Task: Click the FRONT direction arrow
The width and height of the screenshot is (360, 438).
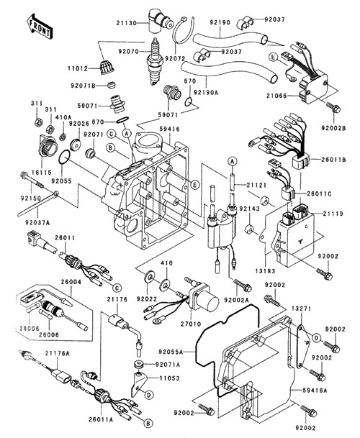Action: [39, 26]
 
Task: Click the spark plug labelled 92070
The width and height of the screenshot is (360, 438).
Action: [153, 61]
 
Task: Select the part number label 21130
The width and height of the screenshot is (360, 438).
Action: [127, 23]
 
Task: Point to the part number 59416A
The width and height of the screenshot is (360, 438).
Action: [315, 391]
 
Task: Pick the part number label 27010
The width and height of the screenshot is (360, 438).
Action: [191, 324]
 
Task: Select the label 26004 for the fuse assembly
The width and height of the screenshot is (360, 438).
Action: [71, 282]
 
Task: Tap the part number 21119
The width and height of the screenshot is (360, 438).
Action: [333, 214]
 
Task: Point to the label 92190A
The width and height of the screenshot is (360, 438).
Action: [206, 92]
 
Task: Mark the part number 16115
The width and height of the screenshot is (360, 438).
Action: [41, 173]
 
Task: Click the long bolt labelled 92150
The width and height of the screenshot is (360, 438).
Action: [32, 181]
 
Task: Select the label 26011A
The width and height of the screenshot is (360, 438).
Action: [101, 419]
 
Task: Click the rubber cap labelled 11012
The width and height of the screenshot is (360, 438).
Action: [107, 68]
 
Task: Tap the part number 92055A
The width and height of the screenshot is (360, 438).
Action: [171, 352]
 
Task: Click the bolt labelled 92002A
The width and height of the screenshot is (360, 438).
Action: [243, 285]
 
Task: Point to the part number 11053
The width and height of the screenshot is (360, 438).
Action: [169, 378]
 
